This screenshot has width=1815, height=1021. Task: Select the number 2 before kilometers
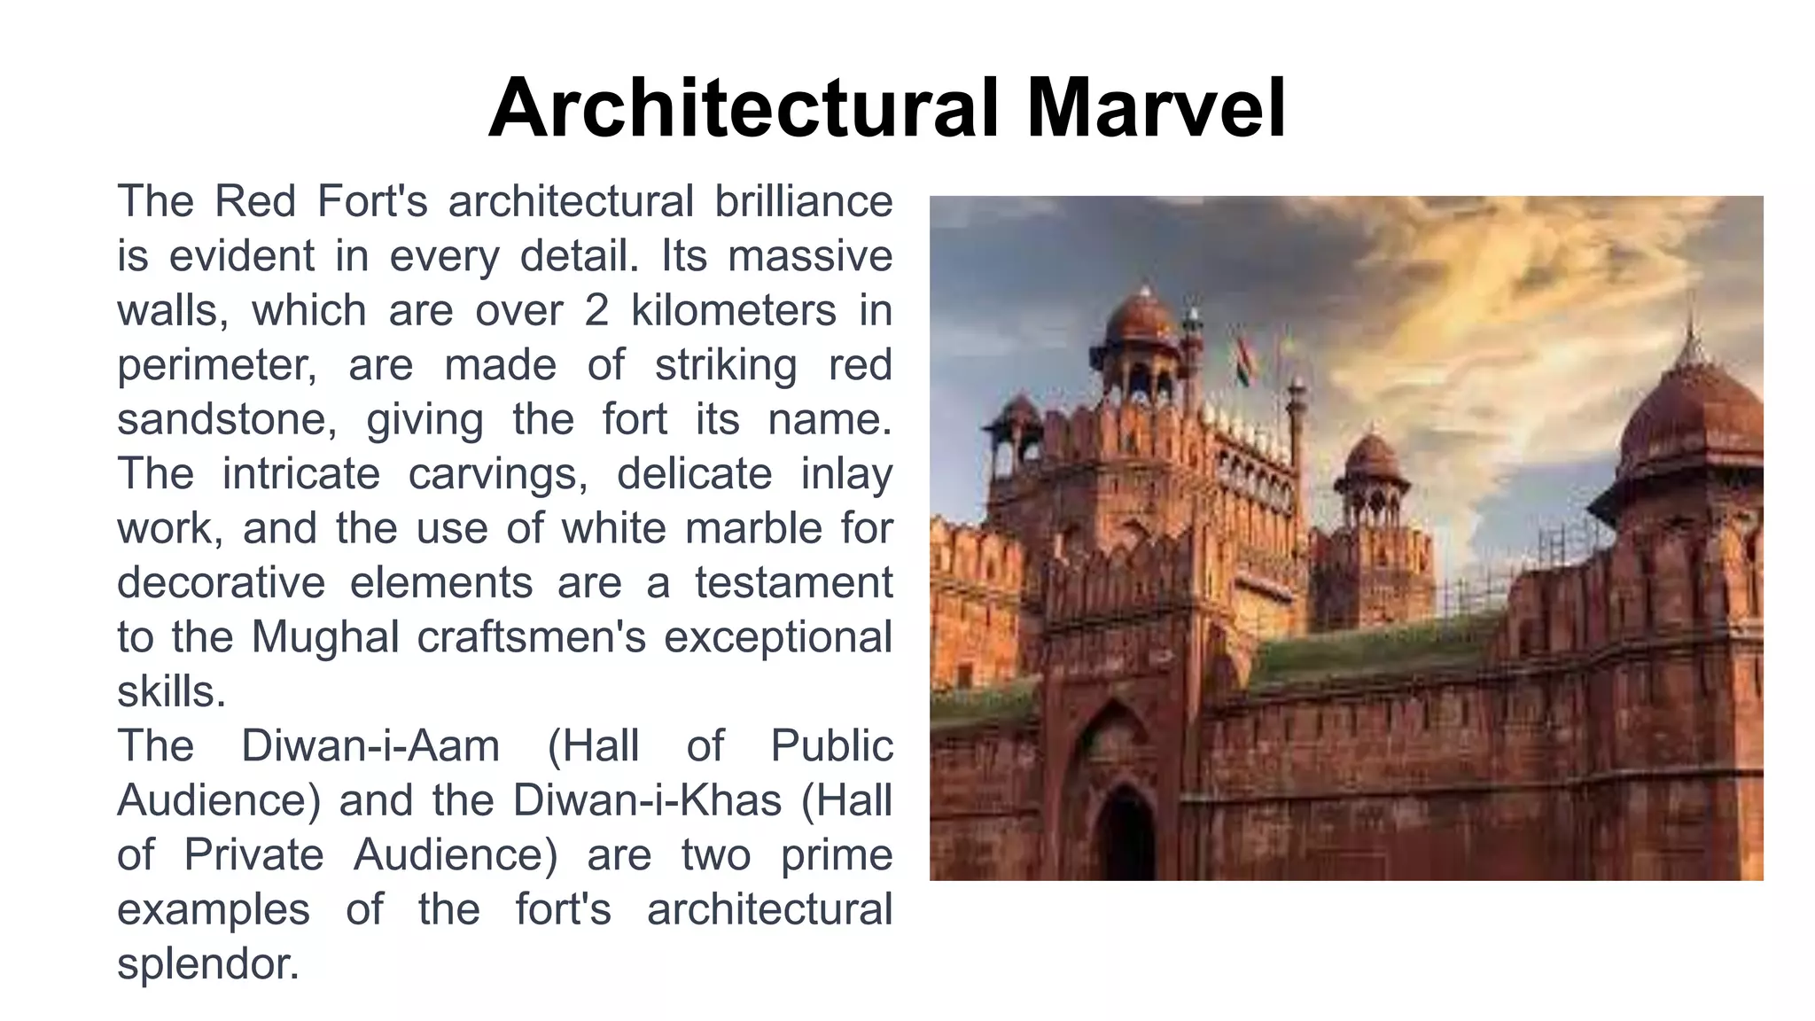(x=596, y=310)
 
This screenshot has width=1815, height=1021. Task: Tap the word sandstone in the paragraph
(x=226, y=419)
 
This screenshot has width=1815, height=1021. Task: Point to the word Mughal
(x=325, y=637)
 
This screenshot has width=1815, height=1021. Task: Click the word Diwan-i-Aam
(x=370, y=745)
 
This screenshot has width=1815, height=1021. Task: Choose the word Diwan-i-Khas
(x=647, y=800)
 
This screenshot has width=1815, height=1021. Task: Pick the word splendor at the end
(x=208, y=964)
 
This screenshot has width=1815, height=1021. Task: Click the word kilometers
(x=734, y=310)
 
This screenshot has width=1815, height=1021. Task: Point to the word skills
(x=171, y=692)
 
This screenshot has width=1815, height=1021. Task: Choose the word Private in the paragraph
(x=253, y=855)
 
